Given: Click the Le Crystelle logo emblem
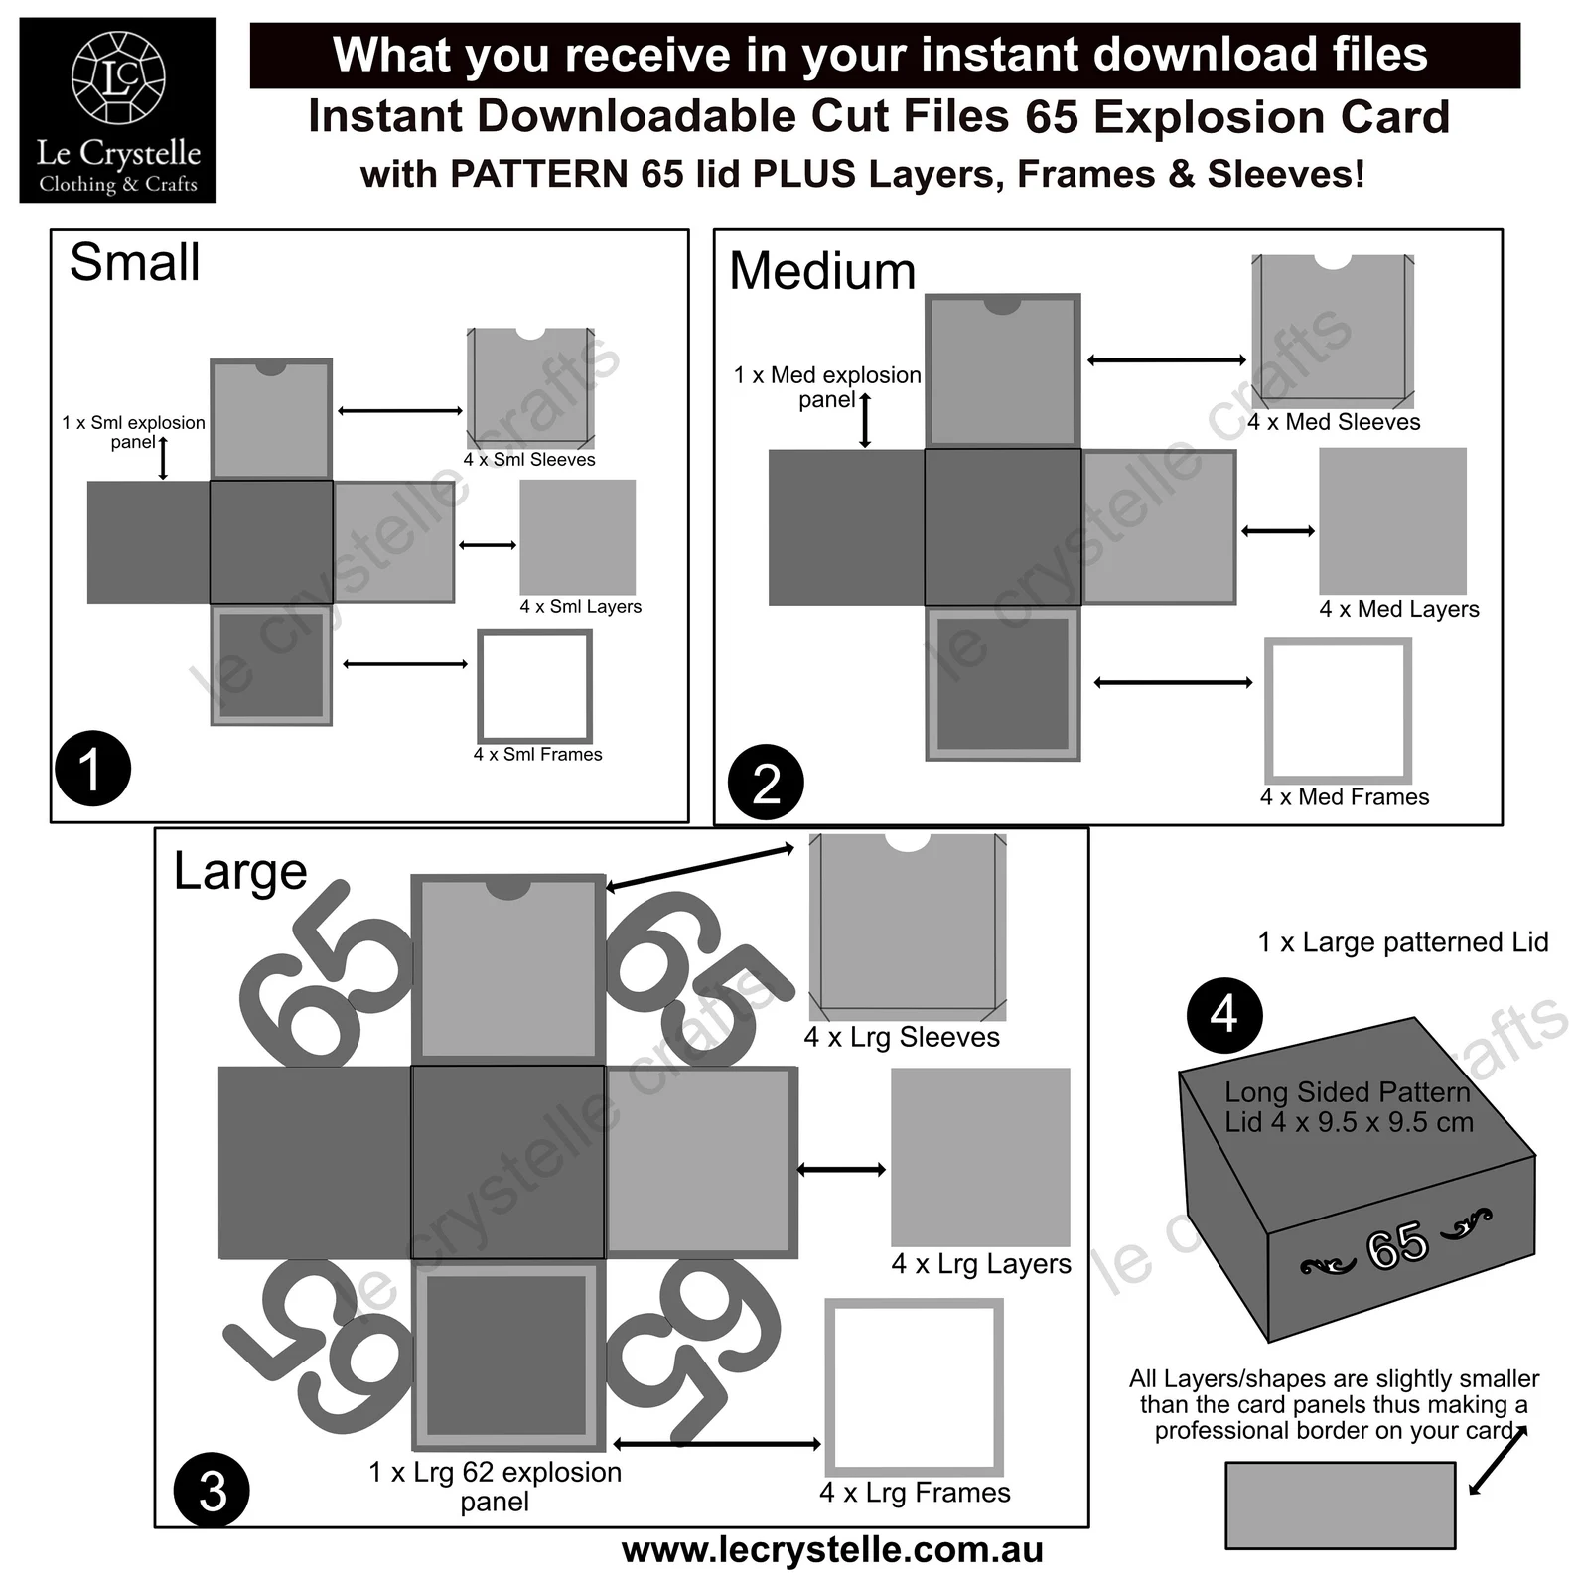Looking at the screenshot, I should tap(118, 77).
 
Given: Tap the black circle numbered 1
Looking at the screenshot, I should tap(92, 769).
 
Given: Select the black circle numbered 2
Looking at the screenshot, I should tap(765, 783).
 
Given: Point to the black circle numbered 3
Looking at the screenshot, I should tap(213, 1490).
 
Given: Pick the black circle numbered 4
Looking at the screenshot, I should tap(1223, 1015).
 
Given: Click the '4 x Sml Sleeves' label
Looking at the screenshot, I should tap(529, 460).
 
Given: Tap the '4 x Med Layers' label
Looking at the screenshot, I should tap(1398, 609).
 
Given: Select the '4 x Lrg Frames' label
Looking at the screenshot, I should tap(915, 1492).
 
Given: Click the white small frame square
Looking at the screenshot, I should tap(534, 685).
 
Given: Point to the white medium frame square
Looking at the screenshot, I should tap(1338, 710).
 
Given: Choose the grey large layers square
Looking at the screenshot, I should tap(980, 1157).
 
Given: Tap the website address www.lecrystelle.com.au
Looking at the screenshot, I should tap(832, 1550).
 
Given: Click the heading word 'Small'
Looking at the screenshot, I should tap(134, 263).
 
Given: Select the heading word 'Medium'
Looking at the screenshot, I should tap(822, 271).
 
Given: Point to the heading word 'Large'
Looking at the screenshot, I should tap(239, 872).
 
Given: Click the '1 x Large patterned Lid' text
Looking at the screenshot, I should tap(1402, 942).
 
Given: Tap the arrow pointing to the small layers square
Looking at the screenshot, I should tap(488, 545).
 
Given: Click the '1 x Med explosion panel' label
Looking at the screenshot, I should tap(827, 387).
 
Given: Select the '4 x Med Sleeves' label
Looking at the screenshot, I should tap(1333, 422).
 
